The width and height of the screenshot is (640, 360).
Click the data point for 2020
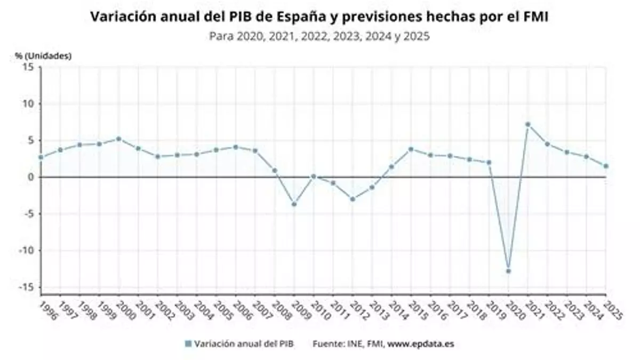point(508,271)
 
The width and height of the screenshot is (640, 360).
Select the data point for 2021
point(527,124)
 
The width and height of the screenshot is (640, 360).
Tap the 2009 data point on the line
point(294,204)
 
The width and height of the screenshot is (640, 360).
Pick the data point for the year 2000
point(118,139)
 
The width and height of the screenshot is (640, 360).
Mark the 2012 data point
point(353,199)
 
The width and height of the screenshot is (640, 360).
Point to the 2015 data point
point(411,149)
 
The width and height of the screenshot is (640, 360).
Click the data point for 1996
point(41,157)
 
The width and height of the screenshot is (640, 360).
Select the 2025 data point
point(606,166)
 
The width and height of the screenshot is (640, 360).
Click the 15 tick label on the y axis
point(28,67)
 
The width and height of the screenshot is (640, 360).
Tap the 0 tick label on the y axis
point(31,177)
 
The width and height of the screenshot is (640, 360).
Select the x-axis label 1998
point(88,309)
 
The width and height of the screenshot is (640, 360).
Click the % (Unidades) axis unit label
point(43,55)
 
